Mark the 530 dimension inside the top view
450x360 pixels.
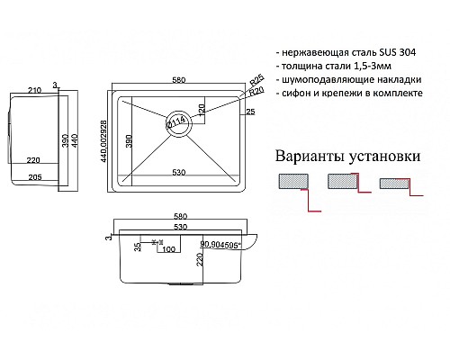(x=180, y=172)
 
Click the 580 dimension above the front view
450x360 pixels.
(x=180, y=216)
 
